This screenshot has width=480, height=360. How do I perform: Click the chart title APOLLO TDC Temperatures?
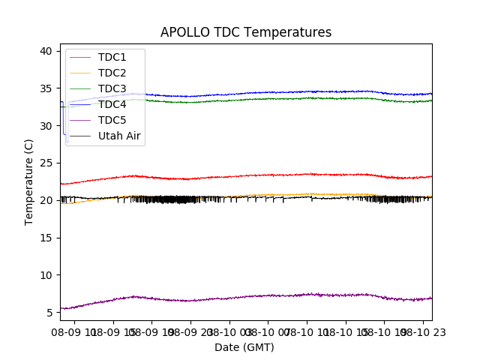pos(246,32)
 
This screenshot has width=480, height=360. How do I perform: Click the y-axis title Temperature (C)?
pos(28,181)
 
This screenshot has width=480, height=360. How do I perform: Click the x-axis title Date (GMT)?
pos(244,347)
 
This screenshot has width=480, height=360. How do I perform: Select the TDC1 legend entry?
pos(112,57)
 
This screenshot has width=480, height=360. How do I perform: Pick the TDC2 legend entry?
pos(112,73)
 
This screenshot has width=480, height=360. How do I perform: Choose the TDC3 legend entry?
pos(112,88)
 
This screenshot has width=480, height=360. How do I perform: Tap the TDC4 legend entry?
pos(112,104)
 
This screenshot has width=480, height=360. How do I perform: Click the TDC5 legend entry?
pos(112,120)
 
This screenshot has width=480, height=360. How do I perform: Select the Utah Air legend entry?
pos(119,136)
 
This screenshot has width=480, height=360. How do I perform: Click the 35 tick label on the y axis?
pos(46,88)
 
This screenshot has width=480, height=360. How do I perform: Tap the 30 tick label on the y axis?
pos(46,126)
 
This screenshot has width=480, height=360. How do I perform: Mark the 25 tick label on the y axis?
pos(46,163)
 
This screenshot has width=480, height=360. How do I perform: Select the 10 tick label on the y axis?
pos(46,275)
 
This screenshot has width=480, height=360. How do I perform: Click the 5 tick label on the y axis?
pos(49,312)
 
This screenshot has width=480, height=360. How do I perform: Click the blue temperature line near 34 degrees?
pos(300,91)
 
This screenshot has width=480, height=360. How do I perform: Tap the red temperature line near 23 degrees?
pos(300,174)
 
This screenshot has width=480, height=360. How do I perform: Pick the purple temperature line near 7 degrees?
pos(300,295)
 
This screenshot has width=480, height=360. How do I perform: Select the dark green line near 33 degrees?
pos(300,98)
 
